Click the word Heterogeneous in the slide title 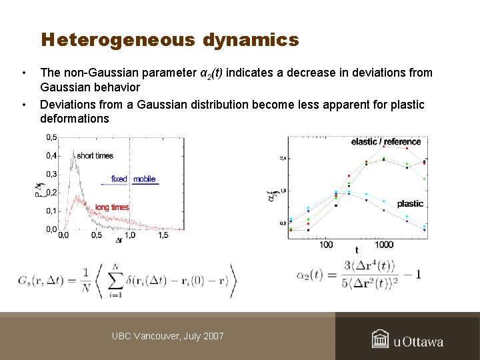click(x=117, y=41)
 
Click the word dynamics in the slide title click(x=251, y=41)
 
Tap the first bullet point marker click(x=23, y=73)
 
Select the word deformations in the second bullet click(x=74, y=119)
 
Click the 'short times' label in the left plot click(x=95, y=155)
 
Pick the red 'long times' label click(x=111, y=207)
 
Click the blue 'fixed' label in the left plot click(x=119, y=179)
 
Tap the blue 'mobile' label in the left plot click(x=144, y=179)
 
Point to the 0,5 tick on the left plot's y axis click(x=51, y=137)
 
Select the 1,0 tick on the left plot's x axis click(x=131, y=235)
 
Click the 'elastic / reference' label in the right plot click(x=386, y=142)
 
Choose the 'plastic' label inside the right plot click(x=410, y=203)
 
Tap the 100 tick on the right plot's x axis click(x=326, y=245)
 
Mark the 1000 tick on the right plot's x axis click(x=384, y=245)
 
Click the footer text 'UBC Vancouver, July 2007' click(x=168, y=336)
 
